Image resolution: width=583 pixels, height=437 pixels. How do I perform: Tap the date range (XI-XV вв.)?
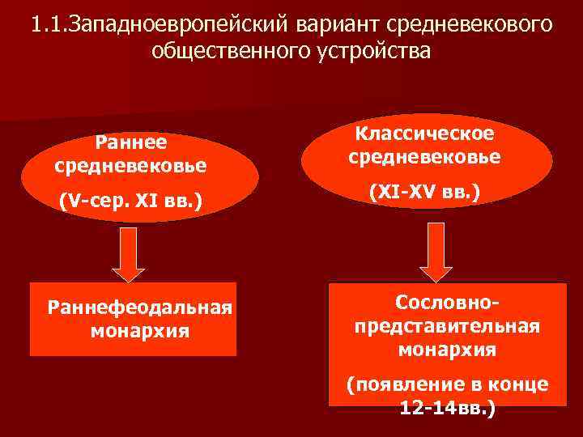point(425,193)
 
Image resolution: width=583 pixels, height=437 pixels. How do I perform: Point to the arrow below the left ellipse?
point(127,252)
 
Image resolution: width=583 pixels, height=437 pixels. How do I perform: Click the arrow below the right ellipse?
point(436,252)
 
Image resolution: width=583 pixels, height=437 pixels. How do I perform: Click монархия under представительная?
point(447,350)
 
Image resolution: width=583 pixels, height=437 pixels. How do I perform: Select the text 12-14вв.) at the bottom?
point(447,408)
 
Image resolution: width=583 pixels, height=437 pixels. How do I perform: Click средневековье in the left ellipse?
point(131,166)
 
